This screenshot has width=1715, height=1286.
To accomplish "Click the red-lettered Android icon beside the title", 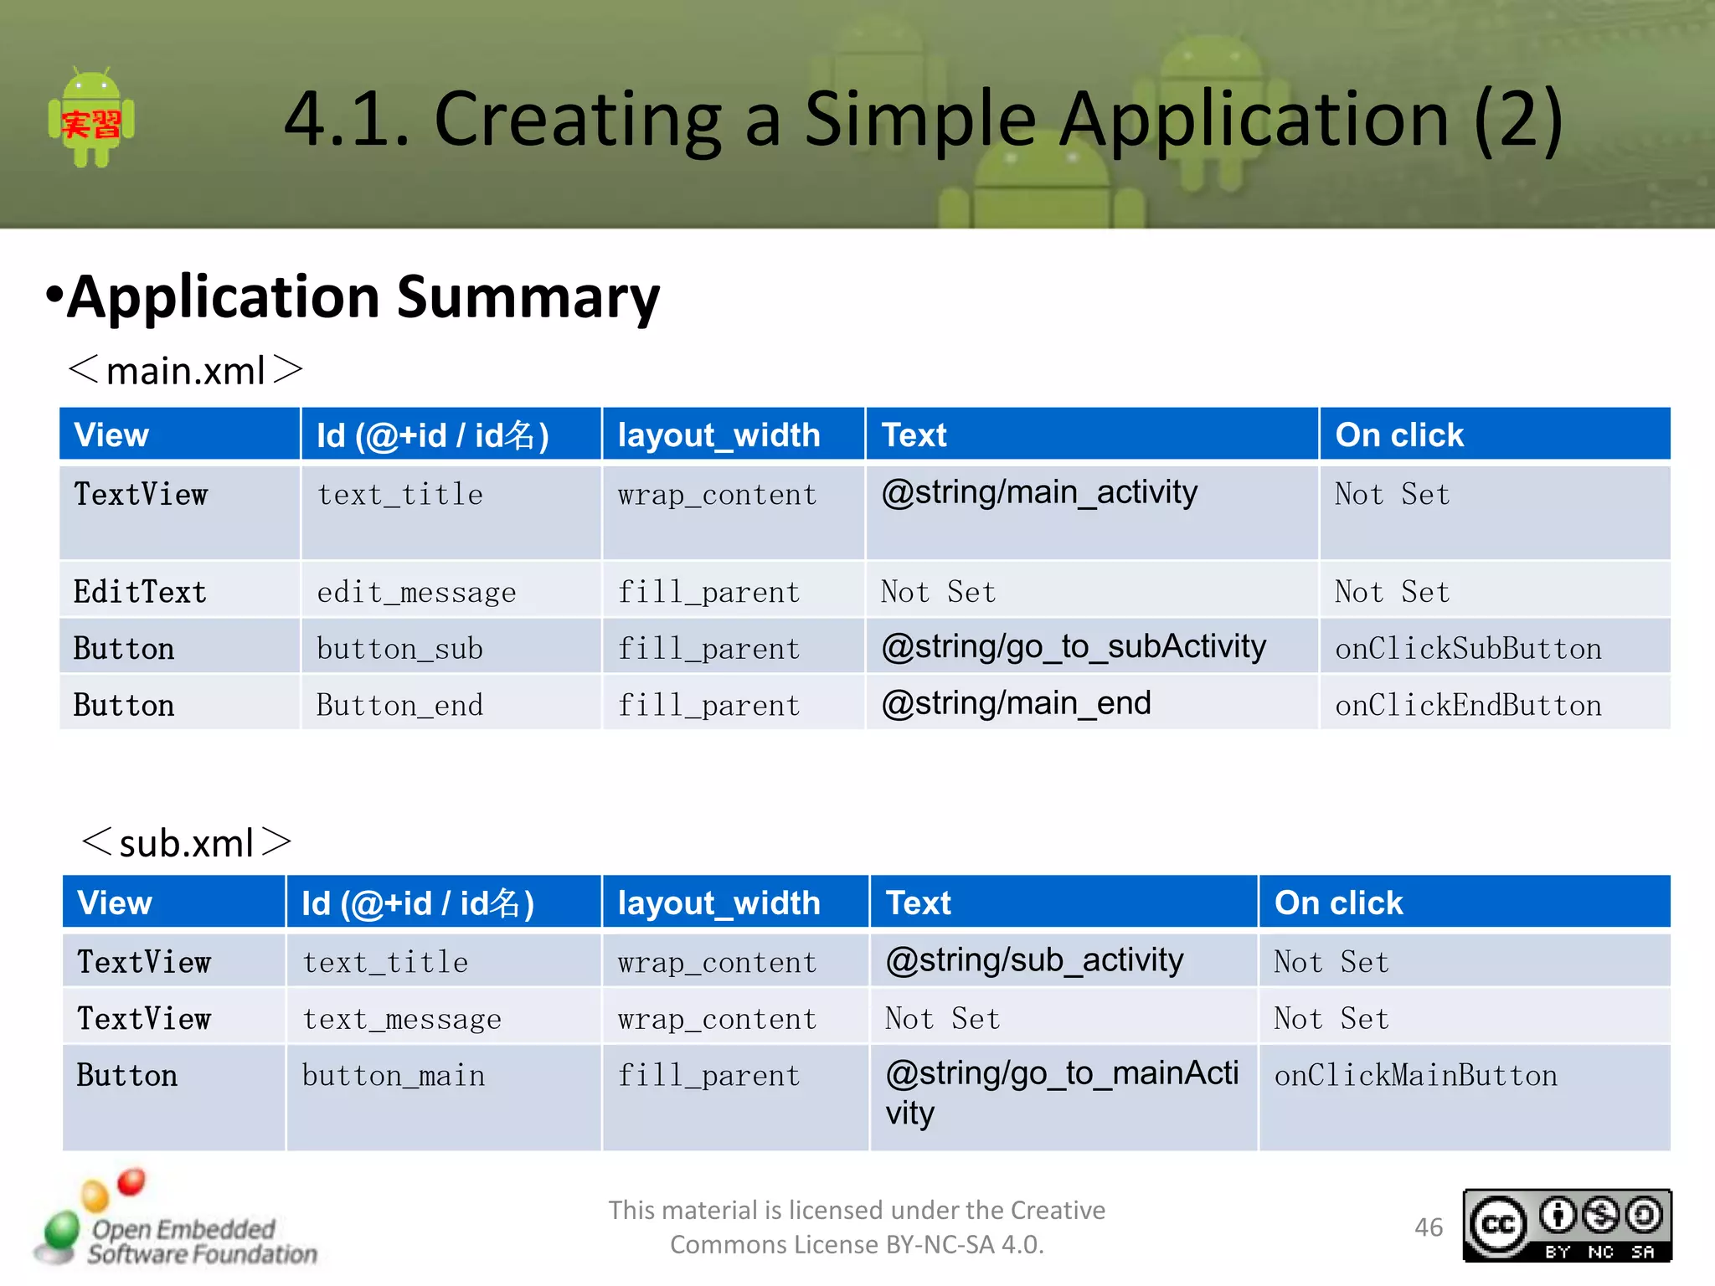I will pos(91,120).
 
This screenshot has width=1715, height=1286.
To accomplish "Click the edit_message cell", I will pos(416,593).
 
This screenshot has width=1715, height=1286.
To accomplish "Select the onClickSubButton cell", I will pos(1468,649).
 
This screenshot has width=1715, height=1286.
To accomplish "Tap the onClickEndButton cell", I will pos(1468,706).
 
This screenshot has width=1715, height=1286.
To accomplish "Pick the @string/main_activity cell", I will pos(1039,493).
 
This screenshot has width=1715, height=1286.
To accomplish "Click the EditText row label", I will pos(140,593).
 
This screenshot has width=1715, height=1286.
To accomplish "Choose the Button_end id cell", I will pos(399,706).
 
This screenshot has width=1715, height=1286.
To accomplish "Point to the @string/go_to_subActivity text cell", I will pos(1074,647).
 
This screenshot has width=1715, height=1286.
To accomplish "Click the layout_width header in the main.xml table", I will pos(718,435).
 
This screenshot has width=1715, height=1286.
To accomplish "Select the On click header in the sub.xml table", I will pos(1338,903).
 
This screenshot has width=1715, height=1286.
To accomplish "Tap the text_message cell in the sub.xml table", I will pos(402,1020).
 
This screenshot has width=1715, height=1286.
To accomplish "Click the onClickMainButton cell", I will pos(1415,1076).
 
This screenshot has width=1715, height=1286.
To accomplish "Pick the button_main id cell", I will pos(394,1076).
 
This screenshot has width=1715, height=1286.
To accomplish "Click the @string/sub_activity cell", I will pos(1034,960).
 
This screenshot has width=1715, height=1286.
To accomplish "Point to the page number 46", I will pos(1429,1227).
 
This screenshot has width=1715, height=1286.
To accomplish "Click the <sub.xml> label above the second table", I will pos(186,843).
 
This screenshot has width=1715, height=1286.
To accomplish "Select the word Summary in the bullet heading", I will pos(528,298).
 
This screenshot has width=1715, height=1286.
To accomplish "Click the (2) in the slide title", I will pos(1517,120).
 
